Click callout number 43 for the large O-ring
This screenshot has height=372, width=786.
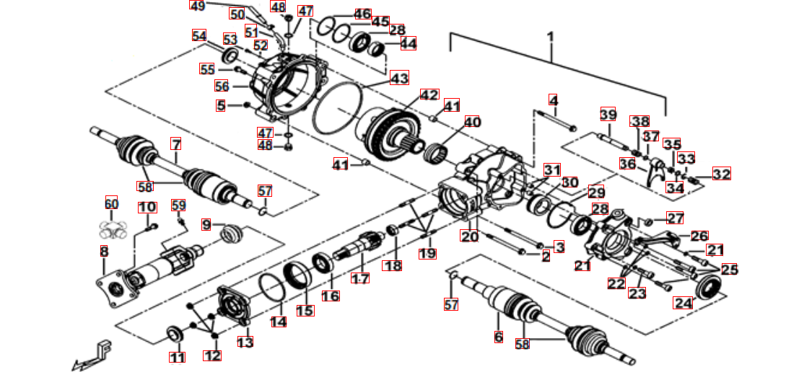[x=399, y=78]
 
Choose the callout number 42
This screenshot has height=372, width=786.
[x=429, y=95]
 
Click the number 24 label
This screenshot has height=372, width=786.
[x=682, y=304]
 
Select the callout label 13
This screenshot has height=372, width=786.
[x=245, y=342]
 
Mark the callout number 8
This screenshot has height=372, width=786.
[x=104, y=251]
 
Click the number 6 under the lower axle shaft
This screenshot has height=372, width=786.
[x=498, y=337]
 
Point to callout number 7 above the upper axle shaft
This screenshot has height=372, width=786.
[x=176, y=143]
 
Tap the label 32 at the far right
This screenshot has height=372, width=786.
[x=721, y=174]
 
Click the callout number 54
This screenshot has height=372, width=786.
[x=199, y=35]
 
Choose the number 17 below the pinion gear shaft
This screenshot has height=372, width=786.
[x=359, y=278]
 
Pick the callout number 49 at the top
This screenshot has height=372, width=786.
[x=197, y=6]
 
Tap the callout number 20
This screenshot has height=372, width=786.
[x=470, y=236]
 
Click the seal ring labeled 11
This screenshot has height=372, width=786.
[x=174, y=333]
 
